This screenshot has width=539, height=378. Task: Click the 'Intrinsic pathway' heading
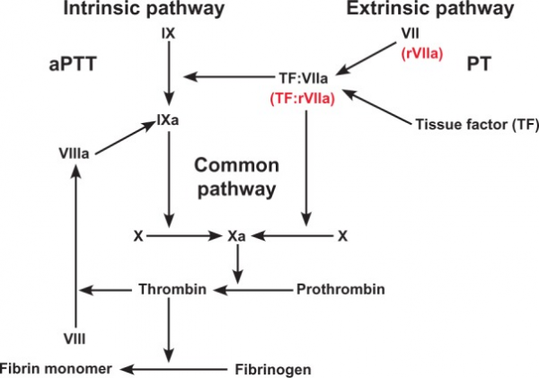[x=170, y=11]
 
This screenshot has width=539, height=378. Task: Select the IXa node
[x=168, y=118]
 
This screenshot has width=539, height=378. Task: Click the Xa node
[x=236, y=236]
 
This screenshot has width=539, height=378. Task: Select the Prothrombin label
[x=340, y=289]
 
